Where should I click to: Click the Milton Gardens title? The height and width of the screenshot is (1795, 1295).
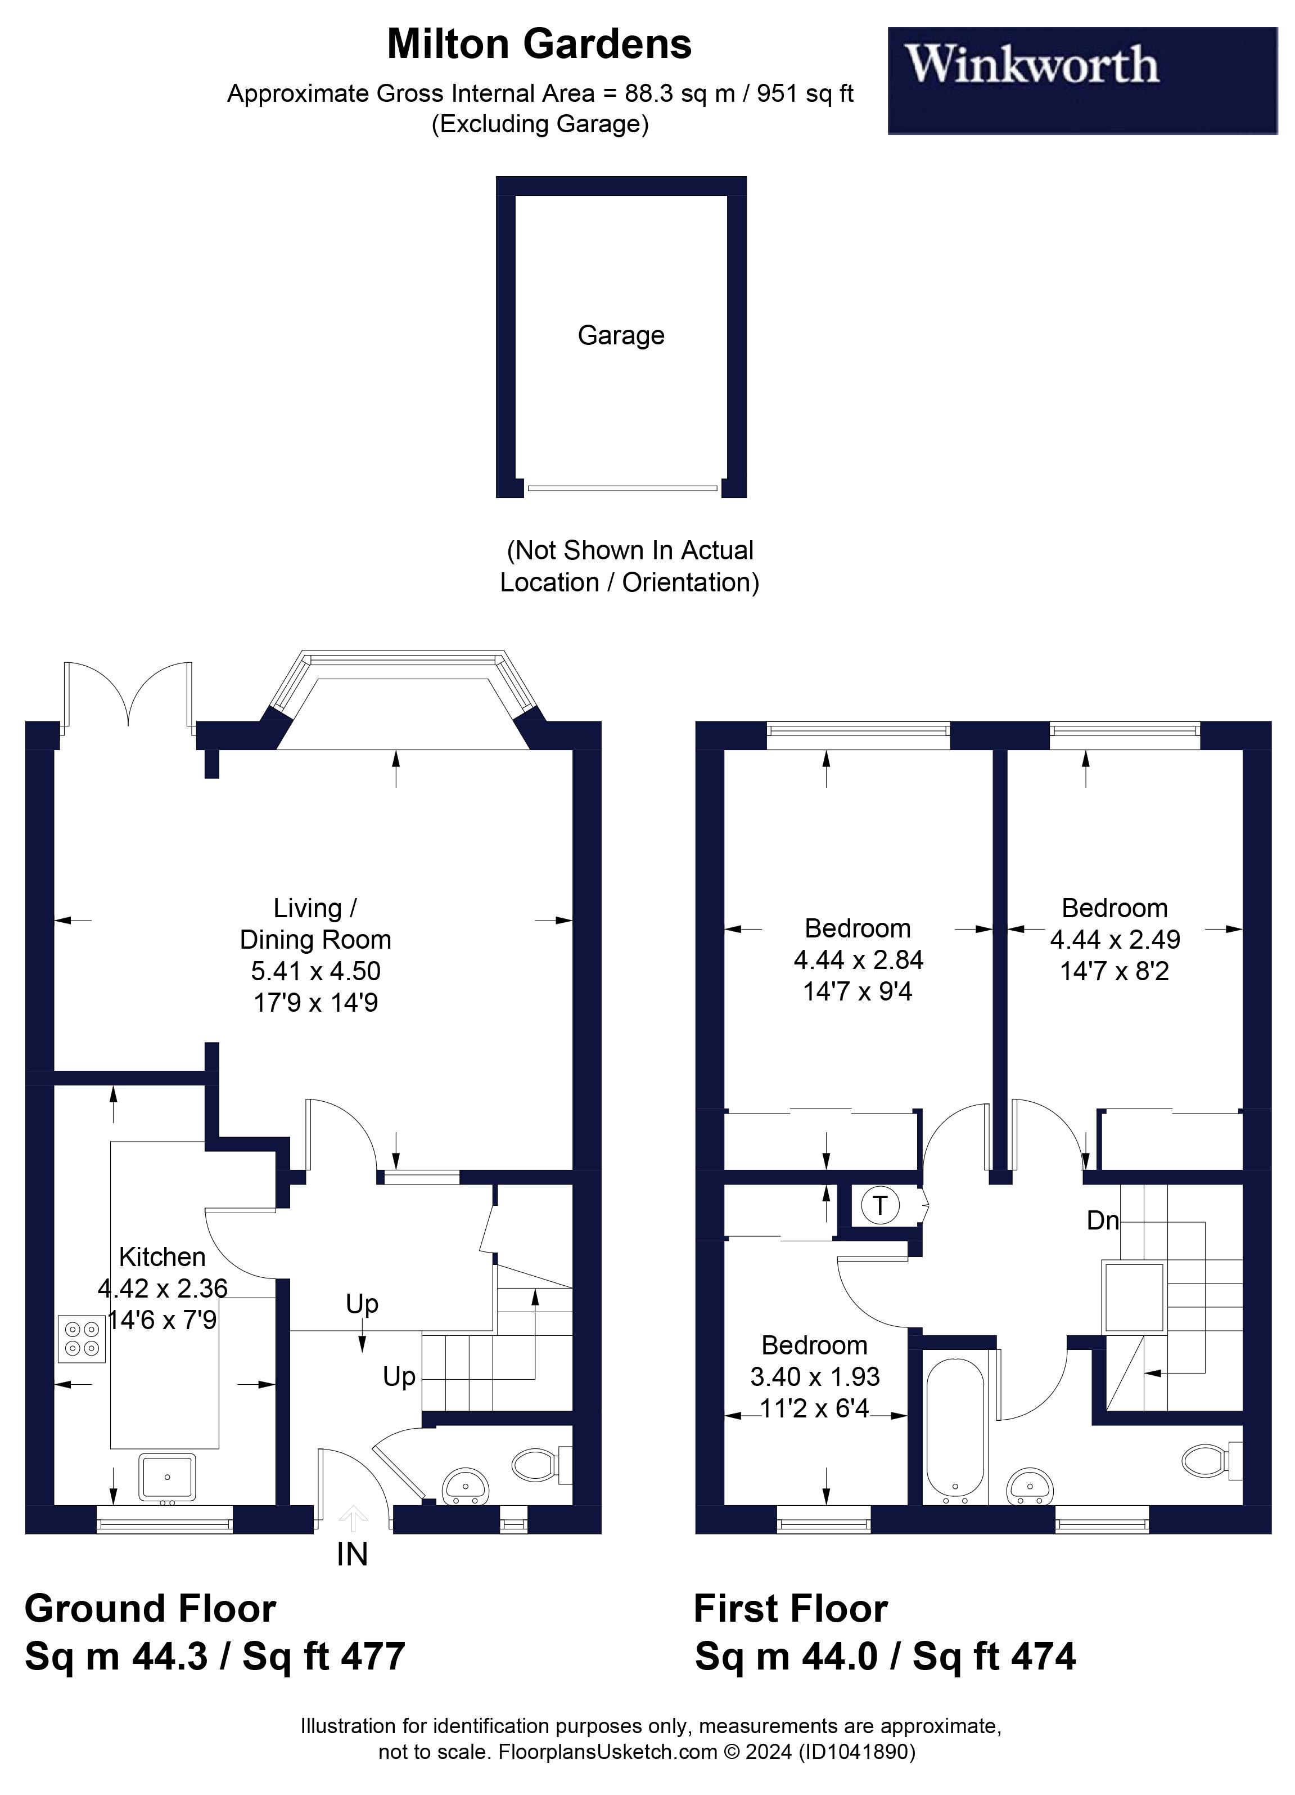pyautogui.click(x=539, y=44)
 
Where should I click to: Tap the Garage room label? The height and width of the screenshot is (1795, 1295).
pyautogui.click(x=620, y=335)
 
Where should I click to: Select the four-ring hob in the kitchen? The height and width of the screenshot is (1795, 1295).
pyautogui.click(x=82, y=1339)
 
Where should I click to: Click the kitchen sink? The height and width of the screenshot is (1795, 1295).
pyautogui.click(x=167, y=1477)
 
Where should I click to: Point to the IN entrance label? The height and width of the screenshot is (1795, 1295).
pyautogui.click(x=352, y=1556)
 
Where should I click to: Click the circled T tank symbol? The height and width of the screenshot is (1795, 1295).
pyautogui.click(x=879, y=1206)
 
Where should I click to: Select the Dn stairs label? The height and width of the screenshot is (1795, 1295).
pyautogui.click(x=1103, y=1220)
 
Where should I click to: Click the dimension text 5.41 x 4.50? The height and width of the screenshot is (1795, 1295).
pyautogui.click(x=315, y=971)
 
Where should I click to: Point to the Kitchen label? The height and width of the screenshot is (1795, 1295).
pyautogui.click(x=162, y=1257)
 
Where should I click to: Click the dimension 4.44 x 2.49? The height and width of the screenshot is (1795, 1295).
pyautogui.click(x=1114, y=940)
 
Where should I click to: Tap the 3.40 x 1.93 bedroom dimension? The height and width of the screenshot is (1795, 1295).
pyautogui.click(x=815, y=1376)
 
